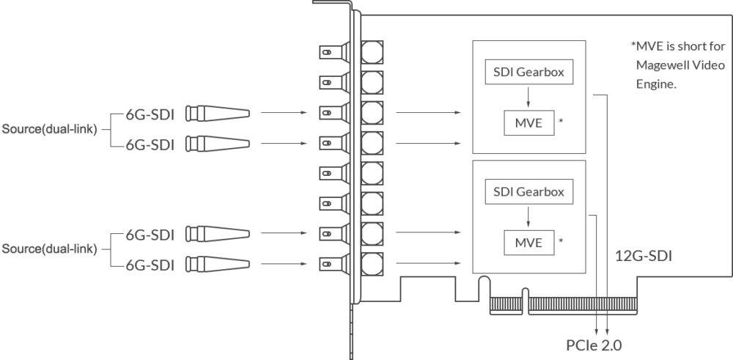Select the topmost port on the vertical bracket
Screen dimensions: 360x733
tap(352, 52)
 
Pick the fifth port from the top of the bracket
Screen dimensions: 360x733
tap(352, 174)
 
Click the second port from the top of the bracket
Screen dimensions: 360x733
tap(352, 81)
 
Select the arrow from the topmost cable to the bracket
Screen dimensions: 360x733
tap(282, 114)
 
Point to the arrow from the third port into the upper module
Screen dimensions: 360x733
tap(428, 114)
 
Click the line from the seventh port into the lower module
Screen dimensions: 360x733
tap(428, 232)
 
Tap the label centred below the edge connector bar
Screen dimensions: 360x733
tap(594, 342)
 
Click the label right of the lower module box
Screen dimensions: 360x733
tap(644, 255)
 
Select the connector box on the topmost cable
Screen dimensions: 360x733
tap(217, 114)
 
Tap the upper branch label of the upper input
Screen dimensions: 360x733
tap(150, 114)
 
